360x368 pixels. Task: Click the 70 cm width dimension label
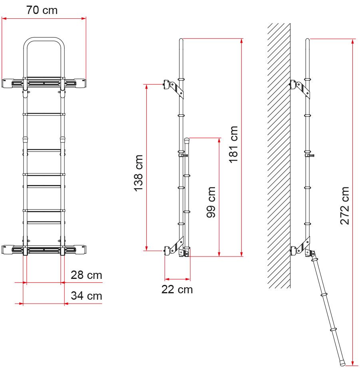[x=42, y=10]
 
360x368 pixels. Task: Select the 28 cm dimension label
[x=86, y=275]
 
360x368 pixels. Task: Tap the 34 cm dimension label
[x=86, y=296]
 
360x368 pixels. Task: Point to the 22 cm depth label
[x=177, y=289]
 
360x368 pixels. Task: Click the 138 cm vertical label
[x=139, y=173]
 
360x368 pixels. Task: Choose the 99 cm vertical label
[x=211, y=202]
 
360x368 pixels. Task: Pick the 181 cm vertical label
[x=233, y=144]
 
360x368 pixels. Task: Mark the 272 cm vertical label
[x=345, y=206]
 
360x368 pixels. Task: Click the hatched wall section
[x=279, y=155]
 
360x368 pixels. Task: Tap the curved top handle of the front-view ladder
[x=44, y=39]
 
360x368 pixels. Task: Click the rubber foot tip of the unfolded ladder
[x=342, y=364]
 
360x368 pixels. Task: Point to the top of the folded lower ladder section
[x=187, y=140]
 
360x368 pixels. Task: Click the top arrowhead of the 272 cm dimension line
[x=352, y=41]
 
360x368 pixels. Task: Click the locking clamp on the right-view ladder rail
[x=310, y=155]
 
